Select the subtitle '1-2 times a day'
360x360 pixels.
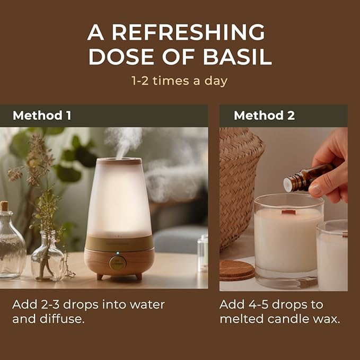coord(180,81)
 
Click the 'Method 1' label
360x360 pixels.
coord(41,116)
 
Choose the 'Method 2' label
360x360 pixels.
coord(264,116)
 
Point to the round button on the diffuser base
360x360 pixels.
coord(118,262)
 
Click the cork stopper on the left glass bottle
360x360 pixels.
coord(4,206)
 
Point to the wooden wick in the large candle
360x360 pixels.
coord(288,213)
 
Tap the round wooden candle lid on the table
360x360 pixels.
coord(237,269)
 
